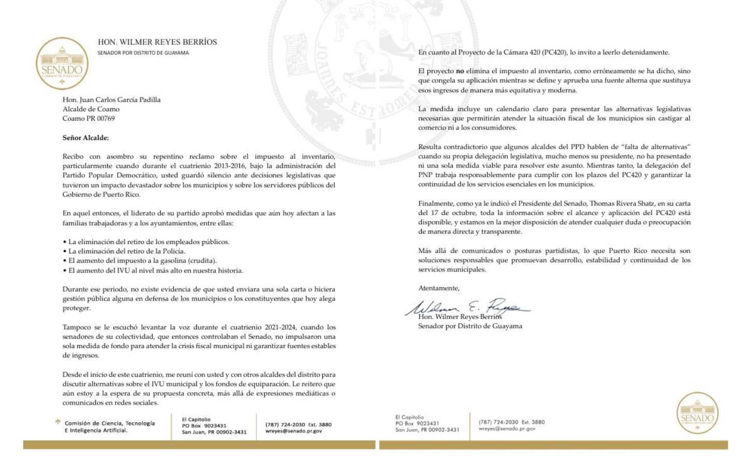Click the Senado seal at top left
(62, 64)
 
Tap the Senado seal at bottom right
(697, 412)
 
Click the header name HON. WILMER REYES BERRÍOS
(157, 42)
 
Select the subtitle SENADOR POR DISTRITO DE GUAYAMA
(143, 53)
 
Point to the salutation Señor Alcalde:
(85, 138)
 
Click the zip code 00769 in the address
(106, 119)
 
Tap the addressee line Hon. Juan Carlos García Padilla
(111, 99)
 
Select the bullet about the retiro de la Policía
(126, 251)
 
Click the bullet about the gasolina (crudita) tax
(142, 261)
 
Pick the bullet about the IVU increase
(155, 270)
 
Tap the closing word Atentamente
(438, 288)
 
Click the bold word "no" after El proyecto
(460, 71)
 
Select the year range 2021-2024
(279, 327)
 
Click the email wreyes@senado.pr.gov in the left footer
(293, 431)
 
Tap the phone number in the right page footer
(498, 422)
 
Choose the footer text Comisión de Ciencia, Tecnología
(109, 423)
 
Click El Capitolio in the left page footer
(196, 420)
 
